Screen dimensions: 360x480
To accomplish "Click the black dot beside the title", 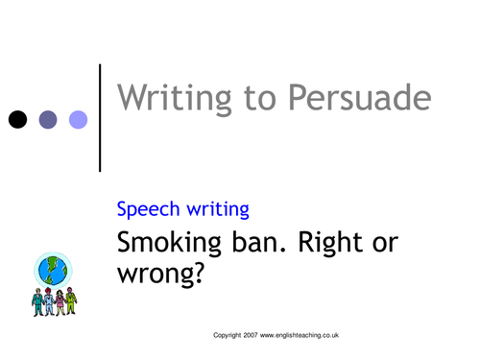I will point(17,120).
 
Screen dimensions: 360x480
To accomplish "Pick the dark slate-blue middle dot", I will point(48,120).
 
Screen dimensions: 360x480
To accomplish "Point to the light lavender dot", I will point(78,120).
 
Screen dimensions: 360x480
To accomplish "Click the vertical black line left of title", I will point(100,117).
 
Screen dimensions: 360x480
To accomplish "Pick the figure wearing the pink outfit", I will point(60,300).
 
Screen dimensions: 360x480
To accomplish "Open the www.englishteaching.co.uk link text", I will point(300,336).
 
